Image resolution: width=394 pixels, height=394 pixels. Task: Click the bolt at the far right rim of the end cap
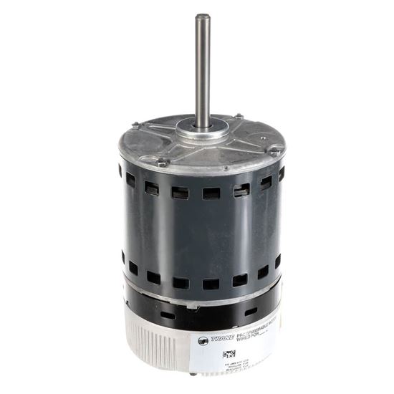pyautogui.click(x=274, y=150)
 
